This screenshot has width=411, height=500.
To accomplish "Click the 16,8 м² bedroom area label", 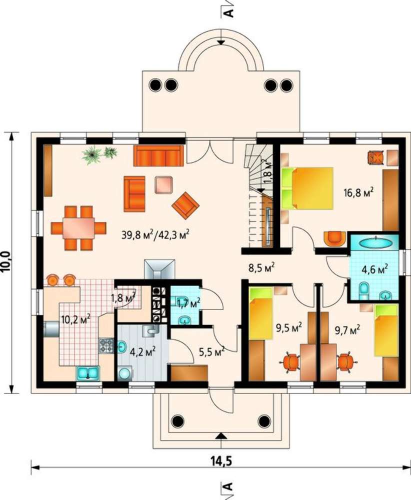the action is point(358,192).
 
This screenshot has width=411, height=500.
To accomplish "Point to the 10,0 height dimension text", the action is point(6,261).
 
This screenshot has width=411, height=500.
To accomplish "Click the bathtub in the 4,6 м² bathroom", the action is point(375,242).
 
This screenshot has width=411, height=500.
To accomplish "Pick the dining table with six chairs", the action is point(78,227).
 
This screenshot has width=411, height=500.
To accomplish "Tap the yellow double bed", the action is point(307,188).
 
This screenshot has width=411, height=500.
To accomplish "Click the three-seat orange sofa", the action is point(158,155).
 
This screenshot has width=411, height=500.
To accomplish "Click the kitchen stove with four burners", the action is point(106,345).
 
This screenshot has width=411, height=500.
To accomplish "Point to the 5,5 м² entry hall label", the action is point(212,352).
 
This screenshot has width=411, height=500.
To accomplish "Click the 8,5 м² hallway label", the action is point(261,267).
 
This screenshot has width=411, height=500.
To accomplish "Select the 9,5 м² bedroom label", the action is point(289,327).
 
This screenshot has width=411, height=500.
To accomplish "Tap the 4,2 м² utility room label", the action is point(142,352).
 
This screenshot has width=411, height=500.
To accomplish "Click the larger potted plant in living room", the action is point(92,155).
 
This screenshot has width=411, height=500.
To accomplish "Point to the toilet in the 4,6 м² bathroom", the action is point(363,289).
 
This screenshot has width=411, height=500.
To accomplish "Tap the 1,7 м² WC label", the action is point(188,303).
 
